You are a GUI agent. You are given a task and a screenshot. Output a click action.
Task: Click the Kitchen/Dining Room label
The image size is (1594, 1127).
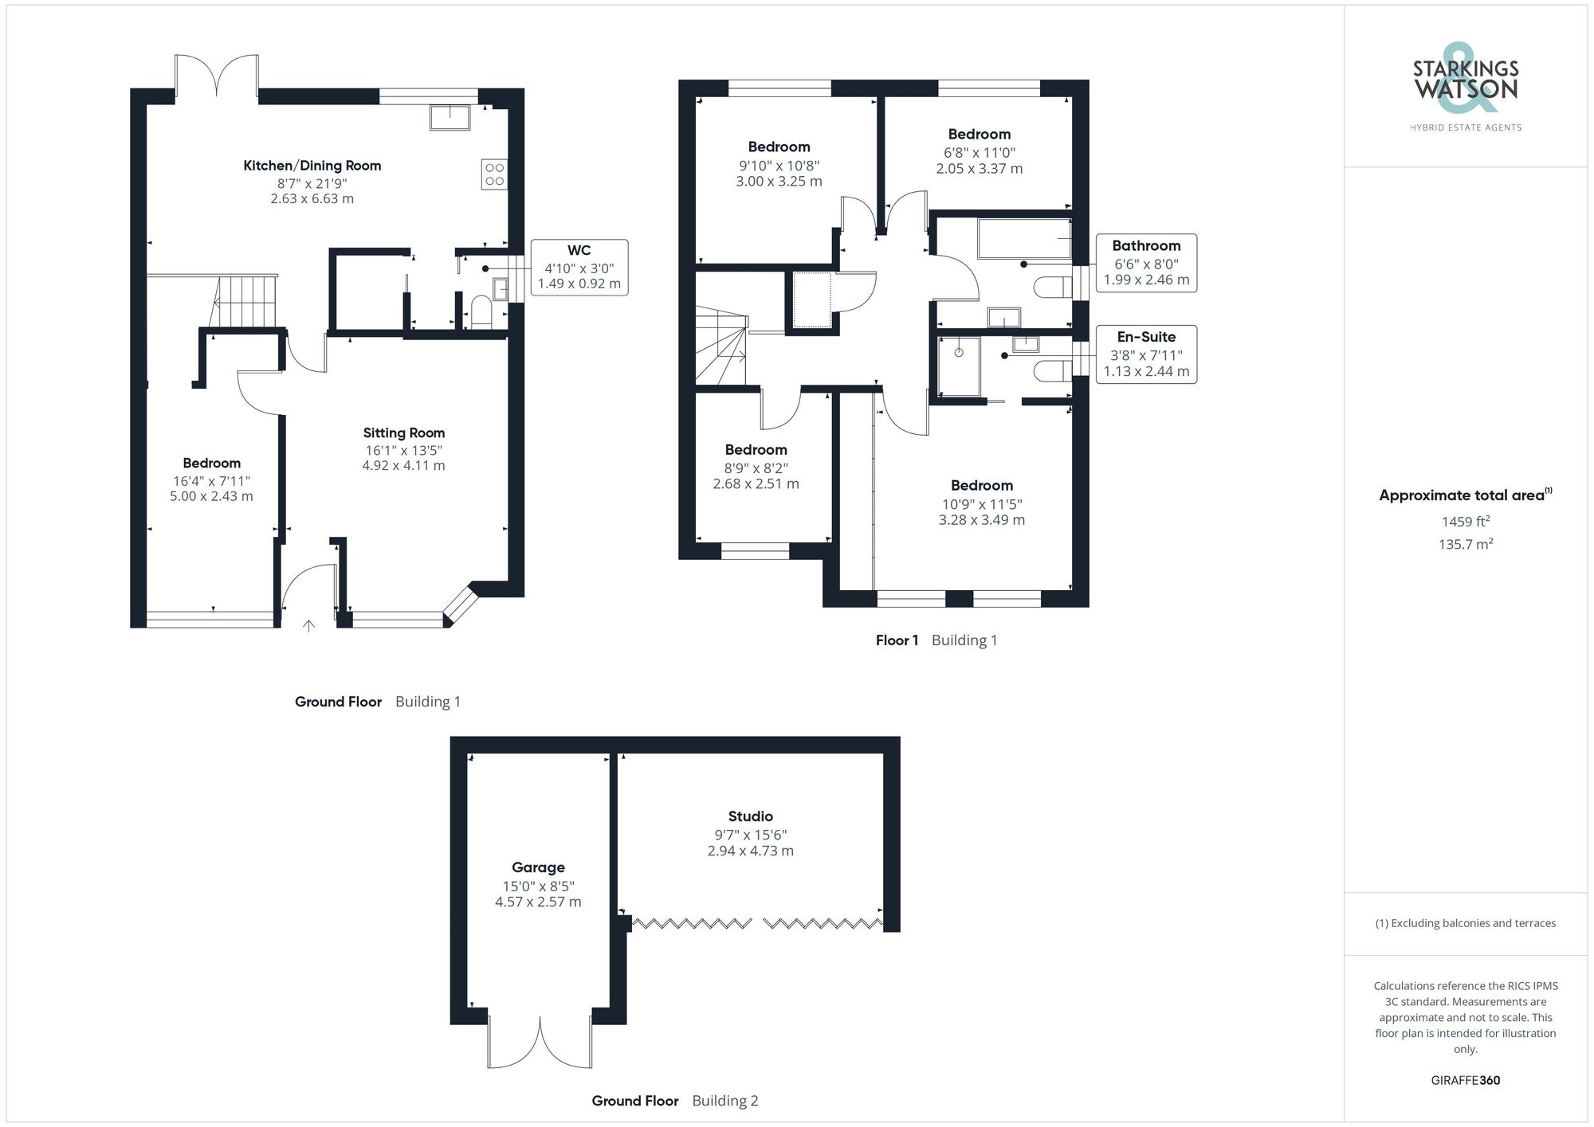click(x=312, y=166)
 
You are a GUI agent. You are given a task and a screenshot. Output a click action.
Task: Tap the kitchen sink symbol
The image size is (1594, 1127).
click(x=450, y=117)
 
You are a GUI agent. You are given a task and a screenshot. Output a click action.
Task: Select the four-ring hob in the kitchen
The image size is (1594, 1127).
click(x=494, y=174)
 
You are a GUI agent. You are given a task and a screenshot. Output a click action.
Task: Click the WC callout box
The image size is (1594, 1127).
click(x=579, y=267)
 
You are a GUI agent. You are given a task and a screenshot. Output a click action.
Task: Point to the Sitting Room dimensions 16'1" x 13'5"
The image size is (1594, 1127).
click(x=403, y=450)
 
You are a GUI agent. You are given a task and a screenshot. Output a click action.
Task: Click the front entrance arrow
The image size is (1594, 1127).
click(x=308, y=626)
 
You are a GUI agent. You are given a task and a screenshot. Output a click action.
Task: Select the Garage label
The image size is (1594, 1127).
click(x=538, y=867)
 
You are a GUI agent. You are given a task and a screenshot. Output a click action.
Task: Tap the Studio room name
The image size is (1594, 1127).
click(x=750, y=816)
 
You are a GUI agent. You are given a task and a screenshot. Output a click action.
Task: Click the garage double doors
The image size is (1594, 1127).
click(x=540, y=1043)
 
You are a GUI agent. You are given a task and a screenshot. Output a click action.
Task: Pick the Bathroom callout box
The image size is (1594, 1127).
click(x=1145, y=263)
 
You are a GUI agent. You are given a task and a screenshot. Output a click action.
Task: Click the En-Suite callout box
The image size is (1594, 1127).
click(x=1145, y=354)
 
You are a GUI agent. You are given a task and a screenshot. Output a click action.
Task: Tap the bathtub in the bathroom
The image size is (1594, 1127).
click(x=1023, y=239)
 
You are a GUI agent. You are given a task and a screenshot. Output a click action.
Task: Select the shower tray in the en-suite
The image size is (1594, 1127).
click(x=959, y=366)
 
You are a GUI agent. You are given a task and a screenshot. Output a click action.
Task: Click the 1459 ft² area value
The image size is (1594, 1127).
click(x=1465, y=522)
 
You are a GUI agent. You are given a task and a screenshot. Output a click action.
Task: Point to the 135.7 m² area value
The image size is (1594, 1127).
click(x=1465, y=545)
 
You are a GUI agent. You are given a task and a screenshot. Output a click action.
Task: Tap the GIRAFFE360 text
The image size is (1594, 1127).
click(x=1465, y=1081)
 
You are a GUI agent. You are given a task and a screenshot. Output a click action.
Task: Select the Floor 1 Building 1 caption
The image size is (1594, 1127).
click(x=936, y=640)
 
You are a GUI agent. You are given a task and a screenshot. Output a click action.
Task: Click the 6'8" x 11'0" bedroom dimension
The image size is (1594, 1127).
click(x=979, y=152)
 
